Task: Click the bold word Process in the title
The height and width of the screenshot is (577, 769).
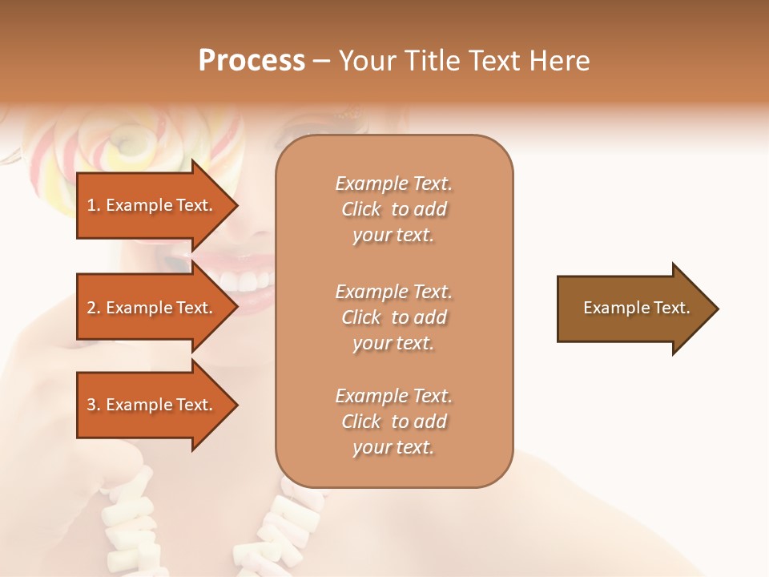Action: click(252, 61)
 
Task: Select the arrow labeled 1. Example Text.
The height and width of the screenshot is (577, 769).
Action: click(152, 205)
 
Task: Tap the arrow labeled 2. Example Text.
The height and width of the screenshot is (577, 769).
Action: click(152, 308)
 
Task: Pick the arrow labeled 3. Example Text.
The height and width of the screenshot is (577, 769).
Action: click(152, 405)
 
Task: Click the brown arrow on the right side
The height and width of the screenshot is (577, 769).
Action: click(633, 309)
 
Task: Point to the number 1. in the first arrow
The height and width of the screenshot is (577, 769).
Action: click(94, 205)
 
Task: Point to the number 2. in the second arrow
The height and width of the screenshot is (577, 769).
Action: click(94, 308)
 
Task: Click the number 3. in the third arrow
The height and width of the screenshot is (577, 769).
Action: click(94, 405)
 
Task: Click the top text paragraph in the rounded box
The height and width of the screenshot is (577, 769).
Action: click(393, 209)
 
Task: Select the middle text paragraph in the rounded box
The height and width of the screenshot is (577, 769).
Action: click(393, 317)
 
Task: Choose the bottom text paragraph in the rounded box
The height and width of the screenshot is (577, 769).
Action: click(393, 422)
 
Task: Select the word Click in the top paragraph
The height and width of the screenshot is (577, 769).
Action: click(361, 209)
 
